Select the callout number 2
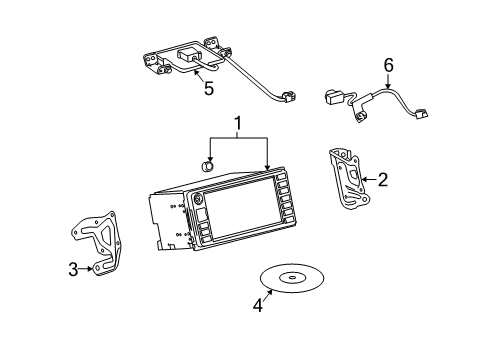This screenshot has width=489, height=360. pos(382,180)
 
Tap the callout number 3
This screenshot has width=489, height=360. pos(73,267)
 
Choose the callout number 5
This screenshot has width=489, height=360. pos(208,88)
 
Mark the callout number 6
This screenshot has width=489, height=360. pos(389,65)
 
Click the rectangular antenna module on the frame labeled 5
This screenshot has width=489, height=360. pos(189,56)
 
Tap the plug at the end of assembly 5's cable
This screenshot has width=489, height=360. pos(288,98)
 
